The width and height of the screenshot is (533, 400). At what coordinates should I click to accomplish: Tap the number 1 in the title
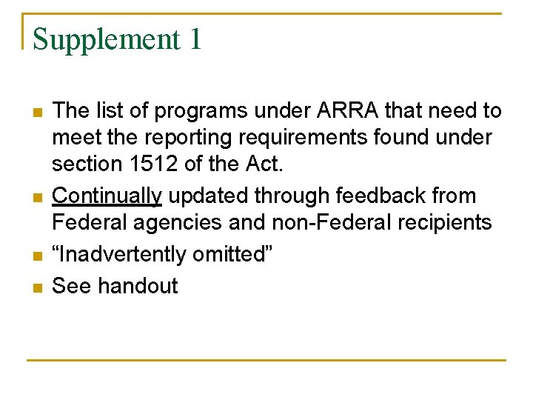click(194, 39)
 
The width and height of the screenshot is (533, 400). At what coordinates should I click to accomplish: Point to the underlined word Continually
click(108, 196)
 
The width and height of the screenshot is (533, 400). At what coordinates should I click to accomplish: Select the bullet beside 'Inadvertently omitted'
click(37, 256)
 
